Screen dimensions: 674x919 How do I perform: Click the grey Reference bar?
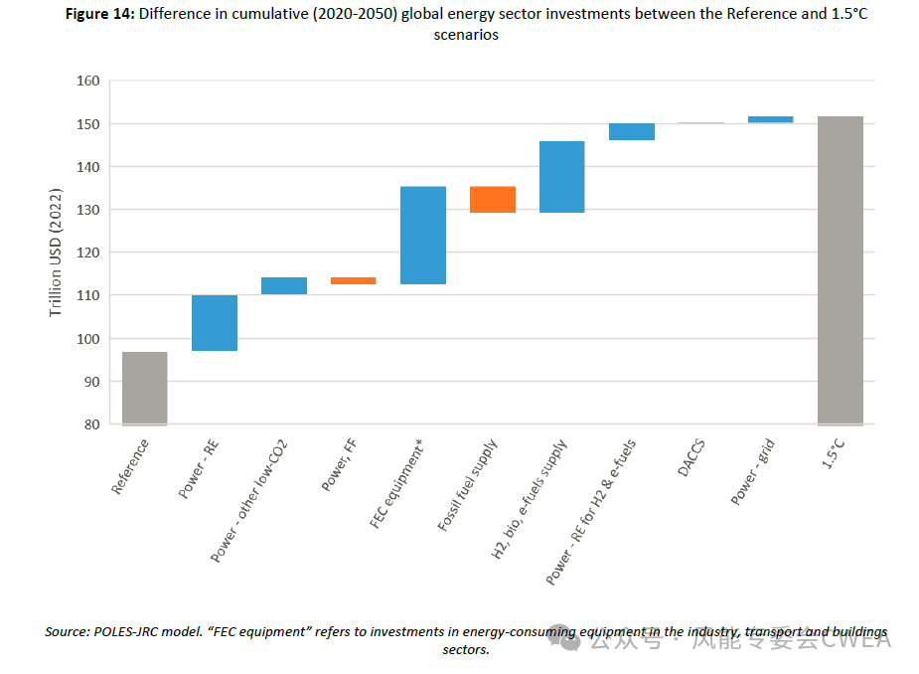coord(144,388)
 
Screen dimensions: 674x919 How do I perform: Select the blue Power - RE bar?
coord(214,323)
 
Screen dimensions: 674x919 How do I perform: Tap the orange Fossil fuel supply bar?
coord(492,200)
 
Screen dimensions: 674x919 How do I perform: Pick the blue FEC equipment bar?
coord(422,236)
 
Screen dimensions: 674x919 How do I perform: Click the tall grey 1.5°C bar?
coord(840,270)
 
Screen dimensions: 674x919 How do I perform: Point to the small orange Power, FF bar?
coord(353,280)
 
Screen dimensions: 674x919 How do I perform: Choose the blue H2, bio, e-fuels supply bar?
coord(561,177)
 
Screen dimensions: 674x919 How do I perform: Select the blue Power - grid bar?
coord(770,119)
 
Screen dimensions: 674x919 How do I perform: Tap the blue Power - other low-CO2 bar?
coord(283,285)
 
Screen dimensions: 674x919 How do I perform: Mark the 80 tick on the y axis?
coord(90,424)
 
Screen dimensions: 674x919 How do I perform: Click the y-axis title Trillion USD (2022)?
coord(57,253)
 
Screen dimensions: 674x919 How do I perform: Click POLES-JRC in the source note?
coord(129,632)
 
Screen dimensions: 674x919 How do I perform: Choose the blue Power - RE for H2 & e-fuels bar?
coord(631,132)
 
